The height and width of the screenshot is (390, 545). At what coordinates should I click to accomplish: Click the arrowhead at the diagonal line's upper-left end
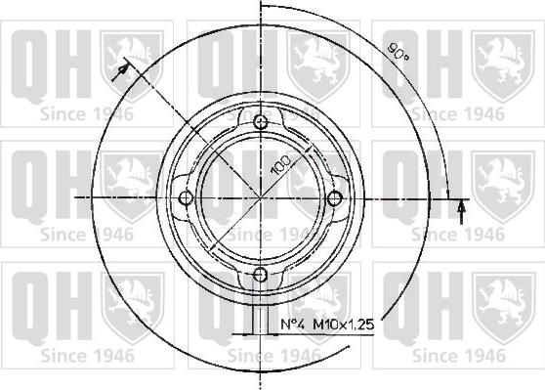(122, 70)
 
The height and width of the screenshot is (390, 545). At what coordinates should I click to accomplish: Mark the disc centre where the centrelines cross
(261, 198)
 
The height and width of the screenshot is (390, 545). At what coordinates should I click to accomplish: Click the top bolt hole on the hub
(261, 123)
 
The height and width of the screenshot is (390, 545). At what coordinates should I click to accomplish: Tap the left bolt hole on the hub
(186, 198)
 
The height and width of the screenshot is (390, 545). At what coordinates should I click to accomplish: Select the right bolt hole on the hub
(335, 198)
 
